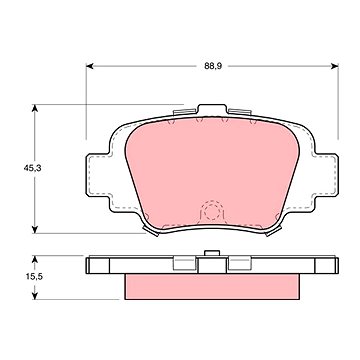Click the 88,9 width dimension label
[213, 66]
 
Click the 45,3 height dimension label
[32, 168]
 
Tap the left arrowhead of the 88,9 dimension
[90, 66]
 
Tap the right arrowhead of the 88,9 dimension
[335, 66]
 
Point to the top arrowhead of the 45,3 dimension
[35, 108]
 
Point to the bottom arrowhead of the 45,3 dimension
[35, 229]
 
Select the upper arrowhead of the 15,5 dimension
[35, 260]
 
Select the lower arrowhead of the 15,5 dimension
[35, 295]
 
